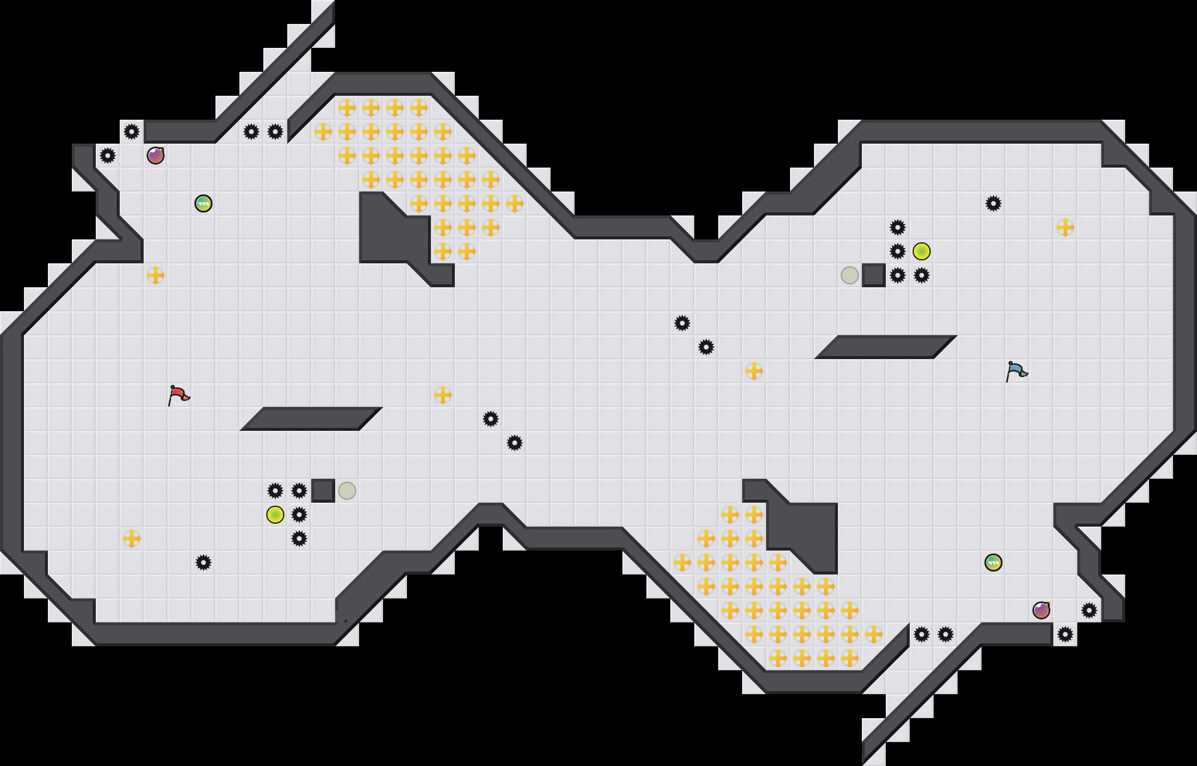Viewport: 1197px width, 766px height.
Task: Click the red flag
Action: pos(178,395)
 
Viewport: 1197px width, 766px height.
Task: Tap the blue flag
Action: pos(1016,371)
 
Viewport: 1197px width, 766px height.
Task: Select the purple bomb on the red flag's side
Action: pos(156,156)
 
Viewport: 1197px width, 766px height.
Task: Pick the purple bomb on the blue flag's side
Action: pos(1041,610)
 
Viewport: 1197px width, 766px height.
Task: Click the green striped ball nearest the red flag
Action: pos(203,203)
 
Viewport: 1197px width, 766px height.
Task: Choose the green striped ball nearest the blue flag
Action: pos(994,563)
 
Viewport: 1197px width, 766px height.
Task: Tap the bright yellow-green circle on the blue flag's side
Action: pos(922,251)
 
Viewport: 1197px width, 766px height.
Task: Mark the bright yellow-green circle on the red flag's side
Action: pos(275,515)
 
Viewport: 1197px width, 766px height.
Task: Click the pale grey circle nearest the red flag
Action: pos(347,491)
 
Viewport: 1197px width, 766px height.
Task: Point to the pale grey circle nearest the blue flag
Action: pos(850,275)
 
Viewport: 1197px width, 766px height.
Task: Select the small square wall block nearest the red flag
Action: pos(323,491)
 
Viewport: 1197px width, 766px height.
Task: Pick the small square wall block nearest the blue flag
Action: pos(874,275)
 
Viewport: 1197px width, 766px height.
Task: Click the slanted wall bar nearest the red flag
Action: pos(311,418)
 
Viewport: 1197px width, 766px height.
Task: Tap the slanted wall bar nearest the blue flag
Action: pos(886,347)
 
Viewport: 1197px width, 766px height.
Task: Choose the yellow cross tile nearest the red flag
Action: pos(156,275)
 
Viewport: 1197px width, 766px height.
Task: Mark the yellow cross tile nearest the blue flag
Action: pos(1065,227)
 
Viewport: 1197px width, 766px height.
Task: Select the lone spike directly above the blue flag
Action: pos(994,203)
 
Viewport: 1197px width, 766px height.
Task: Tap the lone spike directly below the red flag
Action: pos(203,563)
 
